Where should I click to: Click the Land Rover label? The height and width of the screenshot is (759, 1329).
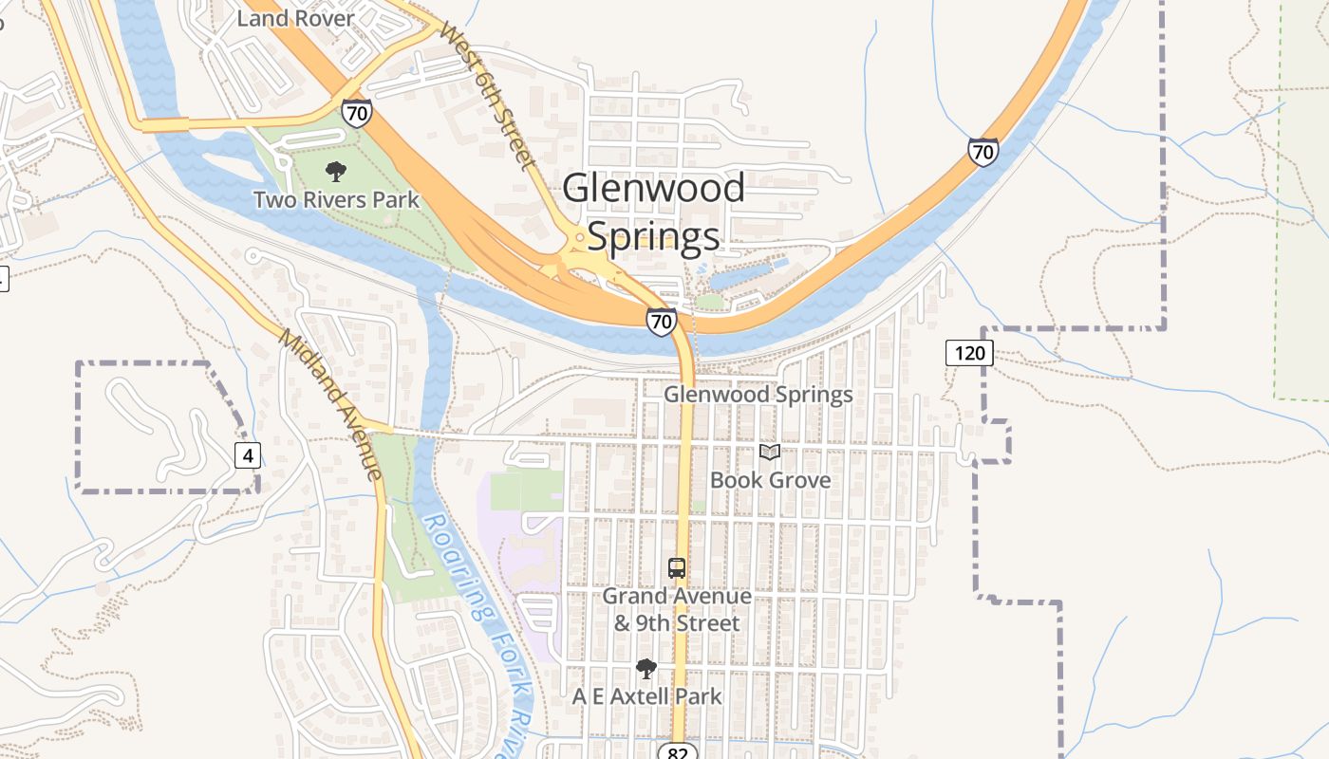[295, 18]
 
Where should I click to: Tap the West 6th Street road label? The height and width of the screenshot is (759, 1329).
[488, 95]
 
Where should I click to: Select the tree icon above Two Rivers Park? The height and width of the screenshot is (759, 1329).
[335, 172]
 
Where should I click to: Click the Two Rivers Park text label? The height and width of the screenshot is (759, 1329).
[336, 200]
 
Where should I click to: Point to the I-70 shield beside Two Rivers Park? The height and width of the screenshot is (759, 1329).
[357, 114]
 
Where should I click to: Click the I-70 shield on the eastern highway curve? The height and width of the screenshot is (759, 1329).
[983, 151]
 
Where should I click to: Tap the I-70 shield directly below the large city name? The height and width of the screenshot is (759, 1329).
[662, 321]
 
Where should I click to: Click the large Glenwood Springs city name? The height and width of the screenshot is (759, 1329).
[653, 212]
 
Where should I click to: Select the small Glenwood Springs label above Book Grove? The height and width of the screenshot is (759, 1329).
[758, 394]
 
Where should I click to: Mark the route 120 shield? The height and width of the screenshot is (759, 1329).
[969, 354]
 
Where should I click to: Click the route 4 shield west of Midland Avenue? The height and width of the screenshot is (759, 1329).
[248, 455]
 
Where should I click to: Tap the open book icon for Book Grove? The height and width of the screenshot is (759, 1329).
[770, 453]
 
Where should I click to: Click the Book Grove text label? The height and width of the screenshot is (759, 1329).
[770, 480]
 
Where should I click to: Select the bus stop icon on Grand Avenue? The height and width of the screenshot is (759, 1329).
[676, 568]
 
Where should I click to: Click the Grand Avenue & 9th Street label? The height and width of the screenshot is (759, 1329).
[677, 610]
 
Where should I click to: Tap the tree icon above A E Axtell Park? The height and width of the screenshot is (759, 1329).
[646, 669]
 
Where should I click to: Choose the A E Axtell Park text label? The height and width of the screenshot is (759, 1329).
[646, 696]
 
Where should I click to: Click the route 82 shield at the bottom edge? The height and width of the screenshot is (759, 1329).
[677, 751]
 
